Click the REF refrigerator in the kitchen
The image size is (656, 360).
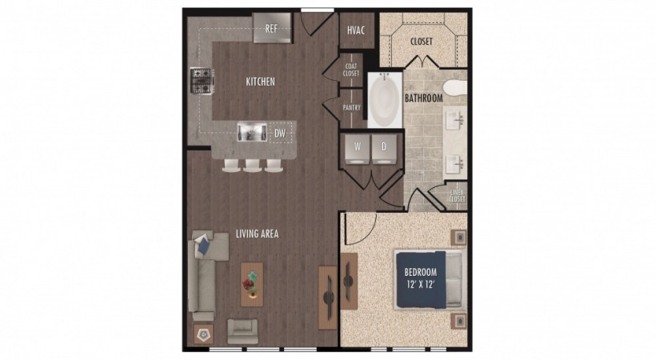pyautogui.click(x=272, y=28)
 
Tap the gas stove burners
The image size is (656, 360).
pyautogui.click(x=202, y=81)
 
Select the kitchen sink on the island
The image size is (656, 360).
pyautogui.click(x=252, y=131)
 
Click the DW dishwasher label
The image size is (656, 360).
pyautogui.click(x=280, y=134)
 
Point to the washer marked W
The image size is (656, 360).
pyautogui.click(x=357, y=149)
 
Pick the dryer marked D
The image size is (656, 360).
pyautogui.click(x=384, y=149)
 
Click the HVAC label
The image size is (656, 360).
pyautogui.click(x=356, y=30)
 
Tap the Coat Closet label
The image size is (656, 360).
pyautogui.click(x=351, y=70)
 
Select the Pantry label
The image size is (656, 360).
pyautogui.click(x=352, y=107)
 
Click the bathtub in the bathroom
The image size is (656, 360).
pyautogui.click(x=385, y=100)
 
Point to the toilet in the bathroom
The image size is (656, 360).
pyautogui.click(x=454, y=88)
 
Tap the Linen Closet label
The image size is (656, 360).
pyautogui.click(x=458, y=196)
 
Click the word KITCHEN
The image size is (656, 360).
pyautogui.click(x=260, y=82)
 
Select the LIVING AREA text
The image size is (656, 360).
pyautogui.click(x=257, y=234)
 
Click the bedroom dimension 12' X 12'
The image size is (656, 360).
pyautogui.click(x=421, y=285)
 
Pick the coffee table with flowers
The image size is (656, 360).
pyautogui.click(x=252, y=285)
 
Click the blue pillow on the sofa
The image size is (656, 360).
pyautogui.click(x=204, y=245)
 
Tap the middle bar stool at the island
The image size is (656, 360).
pyautogui.click(x=252, y=166)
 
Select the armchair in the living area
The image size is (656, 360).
pyautogui.click(x=242, y=331)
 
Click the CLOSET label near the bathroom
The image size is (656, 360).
pyautogui.click(x=422, y=42)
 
